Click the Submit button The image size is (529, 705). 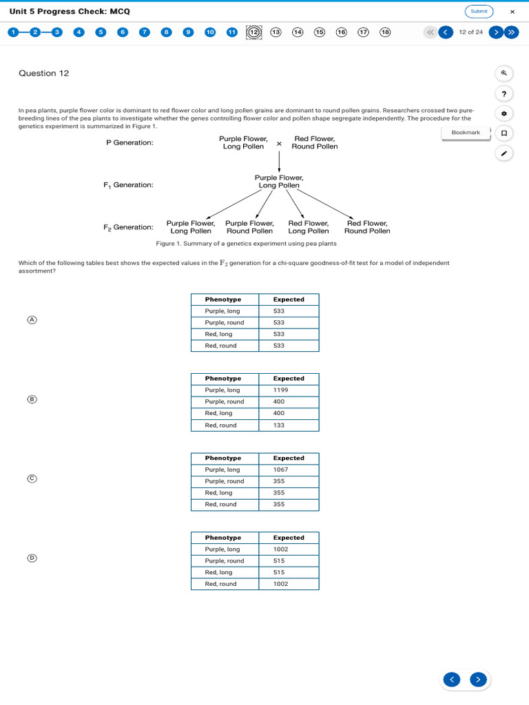(479, 11)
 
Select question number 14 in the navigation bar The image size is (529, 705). (298, 32)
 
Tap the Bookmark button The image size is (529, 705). (466, 132)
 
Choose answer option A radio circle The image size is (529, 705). (32, 320)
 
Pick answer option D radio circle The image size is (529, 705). (32, 558)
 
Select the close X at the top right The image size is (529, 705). (512, 12)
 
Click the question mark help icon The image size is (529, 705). (504, 94)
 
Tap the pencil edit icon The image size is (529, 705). (504, 154)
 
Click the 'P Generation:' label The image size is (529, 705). (129, 143)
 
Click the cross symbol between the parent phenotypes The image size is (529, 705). (279, 144)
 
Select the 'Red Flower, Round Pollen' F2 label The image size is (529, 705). (367, 227)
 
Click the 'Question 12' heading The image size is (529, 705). (44, 74)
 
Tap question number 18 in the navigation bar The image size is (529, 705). (385, 32)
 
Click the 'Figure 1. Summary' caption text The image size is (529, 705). (246, 244)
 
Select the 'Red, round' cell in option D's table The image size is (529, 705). (220, 584)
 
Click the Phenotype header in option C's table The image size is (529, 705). (223, 458)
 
